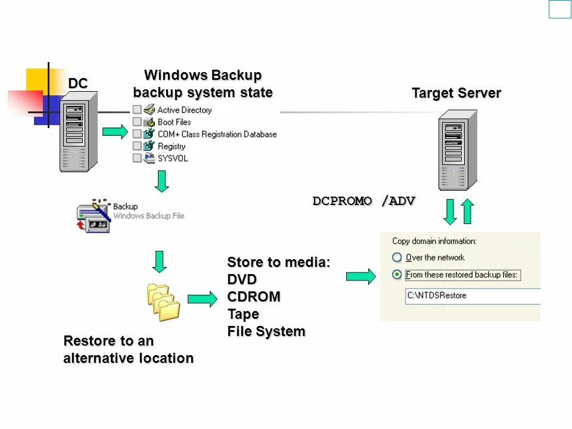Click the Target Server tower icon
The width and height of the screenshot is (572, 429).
point(458,154)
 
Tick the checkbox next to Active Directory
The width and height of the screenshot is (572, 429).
point(137,110)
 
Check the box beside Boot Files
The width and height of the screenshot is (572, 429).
point(137,122)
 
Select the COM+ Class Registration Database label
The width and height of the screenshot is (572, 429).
point(217,134)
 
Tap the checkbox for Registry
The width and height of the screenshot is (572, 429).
point(137,146)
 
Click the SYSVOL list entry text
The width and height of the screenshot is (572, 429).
point(172,158)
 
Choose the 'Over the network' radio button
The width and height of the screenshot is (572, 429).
point(397,257)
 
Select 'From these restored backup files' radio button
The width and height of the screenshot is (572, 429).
point(397,275)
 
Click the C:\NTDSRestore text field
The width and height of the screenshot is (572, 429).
point(471,296)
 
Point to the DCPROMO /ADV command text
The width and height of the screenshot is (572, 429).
point(363,201)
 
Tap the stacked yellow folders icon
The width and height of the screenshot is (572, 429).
point(163,301)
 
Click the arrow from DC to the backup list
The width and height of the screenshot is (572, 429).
point(115,131)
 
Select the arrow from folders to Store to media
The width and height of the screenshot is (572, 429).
point(203,300)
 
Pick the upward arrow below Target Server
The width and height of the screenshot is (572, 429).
point(468,212)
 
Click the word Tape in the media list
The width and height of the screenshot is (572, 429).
point(243,314)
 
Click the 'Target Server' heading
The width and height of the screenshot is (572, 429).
point(456,94)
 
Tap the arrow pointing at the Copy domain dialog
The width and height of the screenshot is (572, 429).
point(360,276)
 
